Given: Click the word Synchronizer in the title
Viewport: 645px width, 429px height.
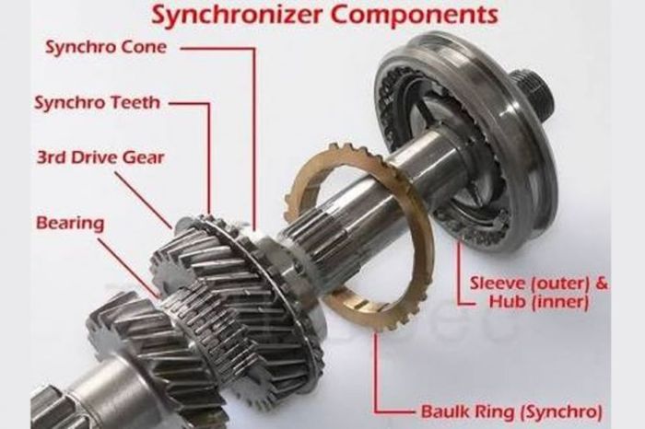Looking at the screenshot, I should [226, 15].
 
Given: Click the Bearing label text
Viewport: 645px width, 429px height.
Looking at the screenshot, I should [70, 224].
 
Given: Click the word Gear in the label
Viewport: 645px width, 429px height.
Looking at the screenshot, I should [145, 157].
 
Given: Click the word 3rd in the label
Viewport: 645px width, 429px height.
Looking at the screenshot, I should [51, 157].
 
